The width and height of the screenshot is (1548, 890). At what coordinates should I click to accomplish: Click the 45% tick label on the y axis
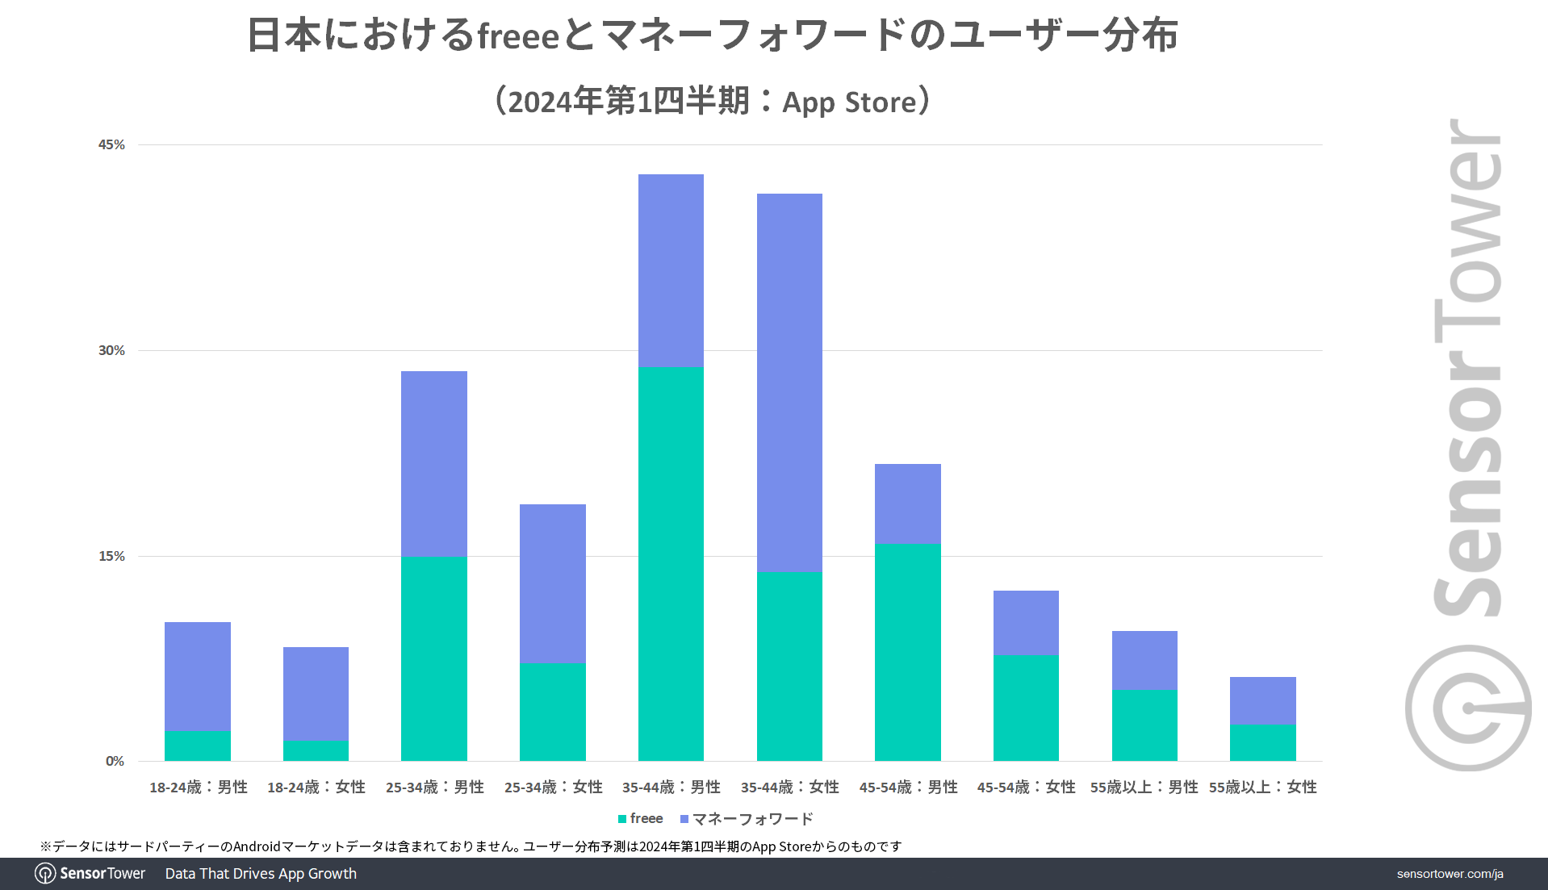[x=111, y=144]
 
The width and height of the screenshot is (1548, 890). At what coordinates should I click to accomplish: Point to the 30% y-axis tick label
[x=111, y=350]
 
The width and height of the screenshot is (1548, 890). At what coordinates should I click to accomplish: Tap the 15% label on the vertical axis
[x=111, y=556]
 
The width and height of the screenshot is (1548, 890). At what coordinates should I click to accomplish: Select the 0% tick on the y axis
[x=115, y=761]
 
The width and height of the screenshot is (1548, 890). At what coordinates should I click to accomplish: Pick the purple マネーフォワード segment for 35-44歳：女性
[x=789, y=382]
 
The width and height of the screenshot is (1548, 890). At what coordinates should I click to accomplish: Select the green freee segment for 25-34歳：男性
[x=434, y=658]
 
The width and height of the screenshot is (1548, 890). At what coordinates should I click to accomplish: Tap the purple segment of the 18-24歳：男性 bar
[x=198, y=676]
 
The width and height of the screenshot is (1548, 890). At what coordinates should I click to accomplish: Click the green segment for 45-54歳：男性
[x=908, y=652]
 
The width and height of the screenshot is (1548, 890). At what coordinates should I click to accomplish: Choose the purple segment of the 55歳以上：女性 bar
[x=1262, y=700]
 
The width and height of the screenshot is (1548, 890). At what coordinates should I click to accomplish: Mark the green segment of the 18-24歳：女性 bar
[x=316, y=750]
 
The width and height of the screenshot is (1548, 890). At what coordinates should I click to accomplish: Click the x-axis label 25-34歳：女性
[x=553, y=787]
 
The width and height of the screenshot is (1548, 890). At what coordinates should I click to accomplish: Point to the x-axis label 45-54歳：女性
[x=1026, y=787]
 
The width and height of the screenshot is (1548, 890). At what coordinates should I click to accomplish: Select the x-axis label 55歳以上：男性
[x=1144, y=787]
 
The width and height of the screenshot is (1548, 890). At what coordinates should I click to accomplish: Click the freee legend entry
[x=641, y=819]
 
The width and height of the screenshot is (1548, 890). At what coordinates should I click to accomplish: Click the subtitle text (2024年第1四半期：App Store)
[x=713, y=102]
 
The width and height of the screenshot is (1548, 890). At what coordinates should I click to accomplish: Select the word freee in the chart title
[x=518, y=36]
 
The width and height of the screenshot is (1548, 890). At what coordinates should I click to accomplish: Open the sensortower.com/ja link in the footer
[x=1450, y=874]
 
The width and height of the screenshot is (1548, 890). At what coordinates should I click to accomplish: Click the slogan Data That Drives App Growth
[x=261, y=874]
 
